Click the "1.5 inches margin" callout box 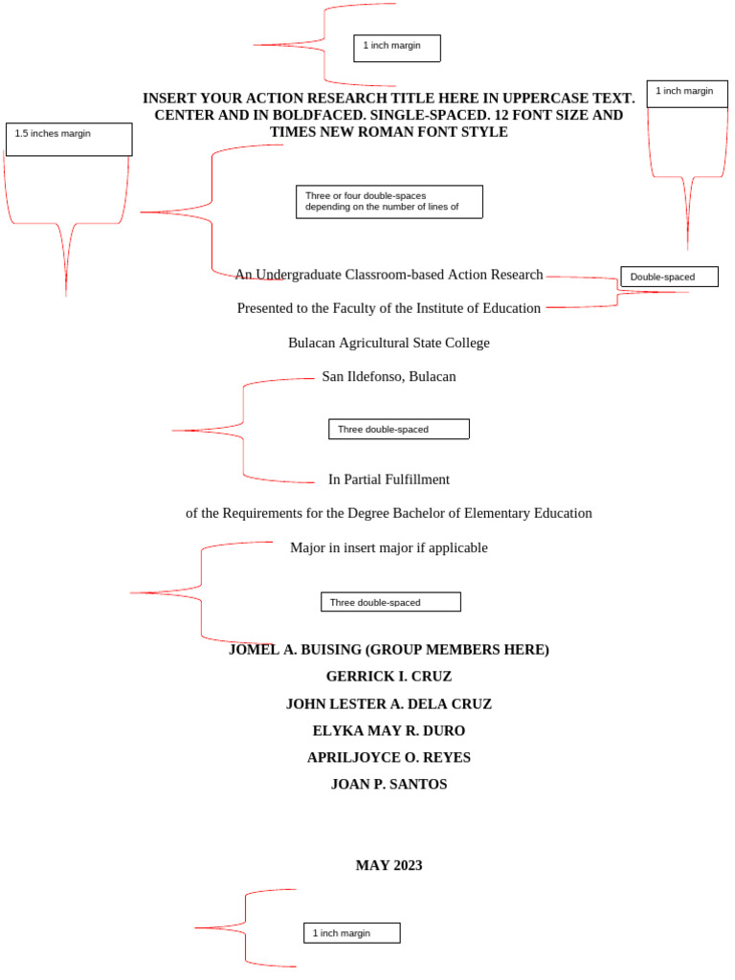68,139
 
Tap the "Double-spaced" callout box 669,277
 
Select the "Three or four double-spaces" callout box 389,201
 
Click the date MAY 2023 389,865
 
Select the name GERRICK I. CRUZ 389,677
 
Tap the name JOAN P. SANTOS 389,785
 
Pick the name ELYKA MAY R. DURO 389,730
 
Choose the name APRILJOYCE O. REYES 389,758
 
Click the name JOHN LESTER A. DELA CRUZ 389,703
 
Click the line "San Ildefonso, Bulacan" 389,376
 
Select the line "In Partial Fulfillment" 389,479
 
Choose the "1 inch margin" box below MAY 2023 351,932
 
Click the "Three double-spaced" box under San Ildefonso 398,429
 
